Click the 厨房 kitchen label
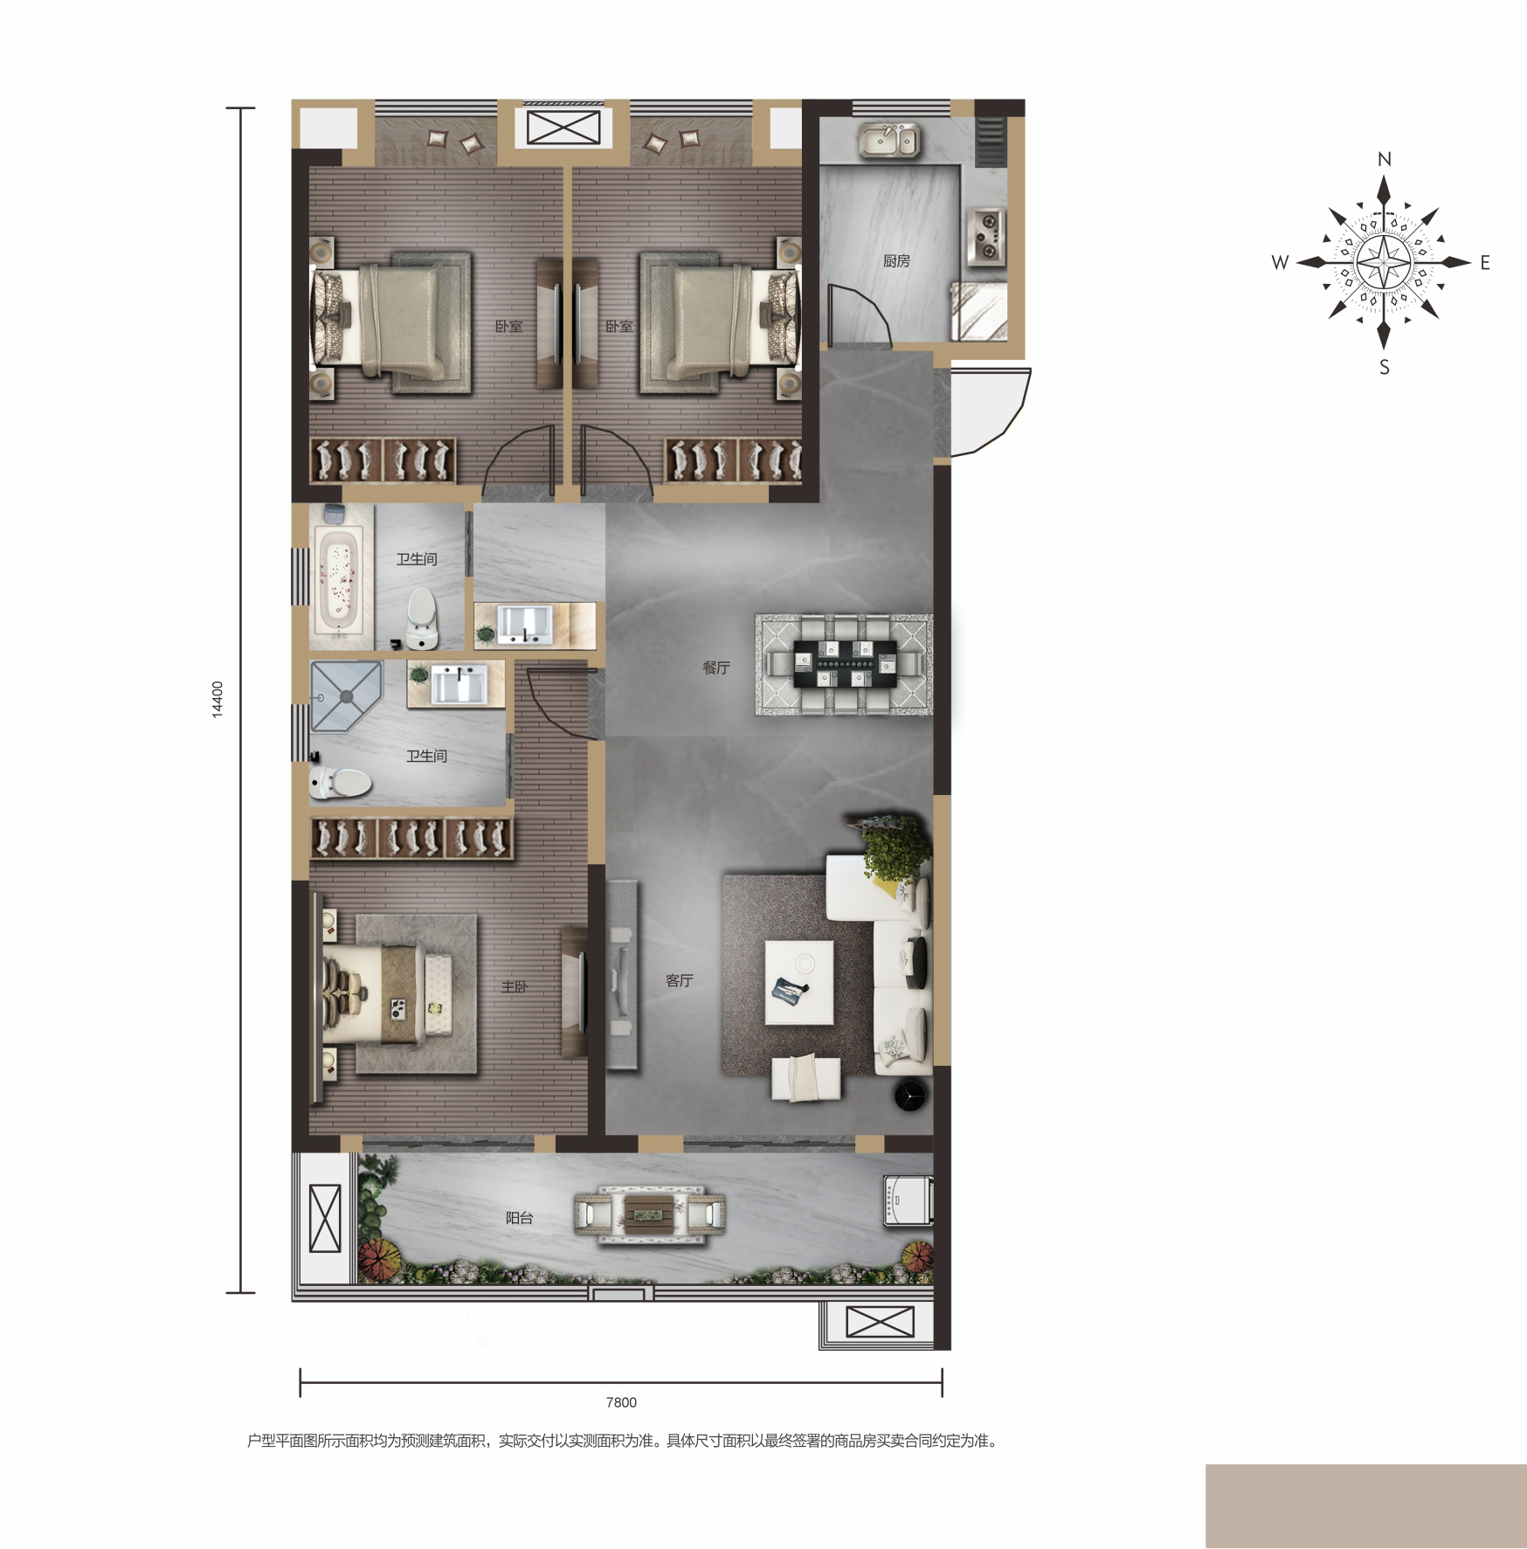tap(896, 261)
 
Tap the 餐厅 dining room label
tap(716, 667)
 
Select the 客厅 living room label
tap(679, 980)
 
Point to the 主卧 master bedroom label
tap(515, 986)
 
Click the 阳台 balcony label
tap(519, 1218)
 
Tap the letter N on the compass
tap(1384, 159)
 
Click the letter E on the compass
tap(1484, 262)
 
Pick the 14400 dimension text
tap(218, 700)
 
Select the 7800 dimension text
tap(621, 1402)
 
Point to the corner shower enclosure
tap(346, 697)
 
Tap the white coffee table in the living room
tap(799, 982)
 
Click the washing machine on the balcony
tap(909, 1200)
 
